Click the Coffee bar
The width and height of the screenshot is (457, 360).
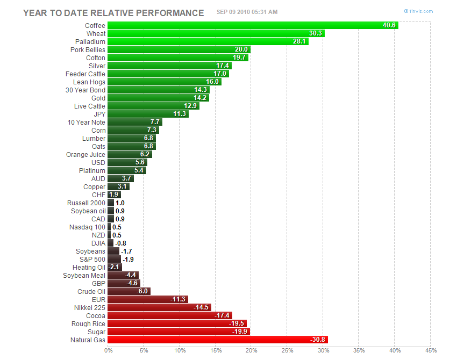click(x=253, y=25)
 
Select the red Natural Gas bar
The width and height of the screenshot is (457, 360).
click(x=217, y=340)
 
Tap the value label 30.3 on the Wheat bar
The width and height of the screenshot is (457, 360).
click(x=316, y=33)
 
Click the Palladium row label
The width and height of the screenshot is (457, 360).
click(x=90, y=41)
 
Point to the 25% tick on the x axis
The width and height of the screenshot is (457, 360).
click(x=287, y=351)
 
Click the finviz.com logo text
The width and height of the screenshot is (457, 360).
click(x=420, y=11)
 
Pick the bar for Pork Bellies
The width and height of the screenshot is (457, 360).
click(x=178, y=49)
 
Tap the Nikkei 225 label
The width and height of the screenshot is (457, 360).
click(x=90, y=307)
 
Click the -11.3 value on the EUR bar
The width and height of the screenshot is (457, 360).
click(x=178, y=299)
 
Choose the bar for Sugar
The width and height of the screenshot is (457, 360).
click(x=178, y=332)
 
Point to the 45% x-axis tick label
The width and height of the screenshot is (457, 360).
click(x=430, y=351)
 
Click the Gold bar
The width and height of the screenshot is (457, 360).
click(x=158, y=98)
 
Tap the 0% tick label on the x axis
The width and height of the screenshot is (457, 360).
click(x=109, y=351)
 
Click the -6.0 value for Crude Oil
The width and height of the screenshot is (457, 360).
click(x=142, y=291)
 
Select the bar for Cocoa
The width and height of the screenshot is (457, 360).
click(x=170, y=315)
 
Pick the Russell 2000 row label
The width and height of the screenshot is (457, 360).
click(x=86, y=203)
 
